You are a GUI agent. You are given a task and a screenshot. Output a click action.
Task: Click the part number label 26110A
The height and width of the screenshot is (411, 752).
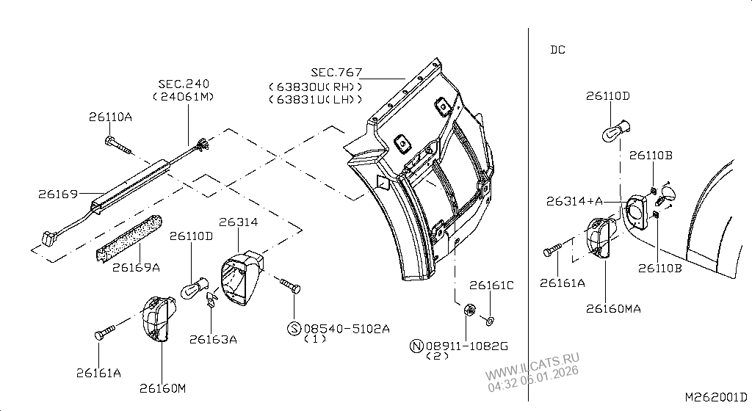pyautogui.click(x=110, y=117)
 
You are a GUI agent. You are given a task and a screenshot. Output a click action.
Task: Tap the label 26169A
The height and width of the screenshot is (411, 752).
pyautogui.click(x=136, y=267)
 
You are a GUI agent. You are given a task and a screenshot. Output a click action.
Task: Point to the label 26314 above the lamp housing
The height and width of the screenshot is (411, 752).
pyautogui.click(x=237, y=222)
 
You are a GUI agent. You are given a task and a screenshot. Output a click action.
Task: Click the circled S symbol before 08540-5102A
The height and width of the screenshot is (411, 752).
pyautogui.click(x=294, y=329)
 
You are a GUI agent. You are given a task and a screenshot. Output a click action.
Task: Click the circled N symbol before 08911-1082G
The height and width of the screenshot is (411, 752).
pyautogui.click(x=416, y=346)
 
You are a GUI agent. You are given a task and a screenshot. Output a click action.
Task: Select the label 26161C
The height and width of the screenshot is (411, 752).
pyautogui.click(x=491, y=285)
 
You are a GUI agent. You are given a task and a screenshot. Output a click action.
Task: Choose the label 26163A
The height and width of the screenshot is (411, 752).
pyautogui.click(x=213, y=338)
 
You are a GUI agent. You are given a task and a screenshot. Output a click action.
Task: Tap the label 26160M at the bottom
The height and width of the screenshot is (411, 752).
pyautogui.click(x=162, y=388)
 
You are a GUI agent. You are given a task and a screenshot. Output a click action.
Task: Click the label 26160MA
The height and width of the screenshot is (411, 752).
pyautogui.click(x=613, y=309)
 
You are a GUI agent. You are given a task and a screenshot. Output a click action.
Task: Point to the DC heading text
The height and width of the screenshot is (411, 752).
pyautogui.click(x=557, y=50)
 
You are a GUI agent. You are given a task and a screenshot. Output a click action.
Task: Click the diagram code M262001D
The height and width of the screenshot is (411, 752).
pyautogui.click(x=715, y=397)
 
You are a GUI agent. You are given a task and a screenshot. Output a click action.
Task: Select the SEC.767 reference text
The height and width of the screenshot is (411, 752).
pyautogui.click(x=336, y=72)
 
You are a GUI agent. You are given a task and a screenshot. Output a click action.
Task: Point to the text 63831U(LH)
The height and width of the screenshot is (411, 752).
pyautogui.click(x=316, y=99)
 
